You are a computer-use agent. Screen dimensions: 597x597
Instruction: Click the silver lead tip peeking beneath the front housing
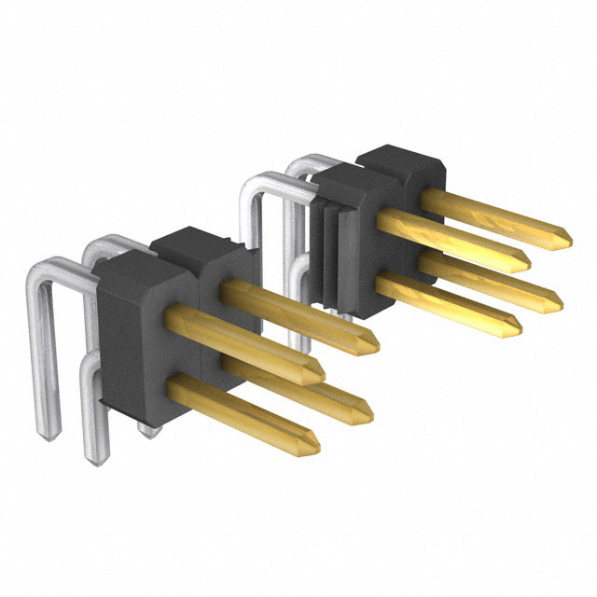click(146, 427)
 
